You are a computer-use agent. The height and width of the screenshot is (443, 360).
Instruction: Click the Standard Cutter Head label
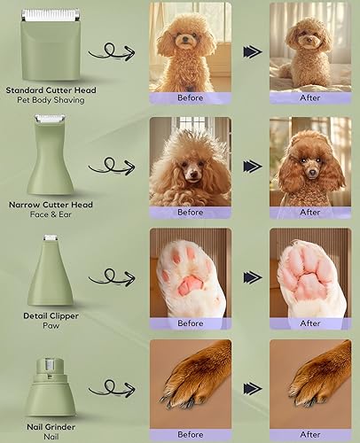point(51,90)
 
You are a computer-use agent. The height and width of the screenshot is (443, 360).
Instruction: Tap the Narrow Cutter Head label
point(51,204)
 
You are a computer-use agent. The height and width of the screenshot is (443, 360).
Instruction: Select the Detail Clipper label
point(51,315)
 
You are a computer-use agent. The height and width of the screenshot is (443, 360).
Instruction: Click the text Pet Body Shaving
point(51,101)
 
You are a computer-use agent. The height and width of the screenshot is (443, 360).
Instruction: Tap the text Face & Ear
point(51,214)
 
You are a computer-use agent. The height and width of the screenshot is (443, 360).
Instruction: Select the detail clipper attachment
point(51,269)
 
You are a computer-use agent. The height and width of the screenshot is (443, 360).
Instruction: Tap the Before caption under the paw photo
point(190,323)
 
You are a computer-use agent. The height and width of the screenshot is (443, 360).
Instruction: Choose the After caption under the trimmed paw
point(310,323)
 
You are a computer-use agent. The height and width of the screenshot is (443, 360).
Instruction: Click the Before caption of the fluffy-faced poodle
point(190,212)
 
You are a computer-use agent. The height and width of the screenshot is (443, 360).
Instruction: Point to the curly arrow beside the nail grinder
point(113,387)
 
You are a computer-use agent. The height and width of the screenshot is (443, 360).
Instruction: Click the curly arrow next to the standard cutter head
point(113,52)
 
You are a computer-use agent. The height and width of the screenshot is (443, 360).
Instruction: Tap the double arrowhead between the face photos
point(252,165)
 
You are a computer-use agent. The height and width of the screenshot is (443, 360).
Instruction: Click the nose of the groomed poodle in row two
point(309,170)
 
